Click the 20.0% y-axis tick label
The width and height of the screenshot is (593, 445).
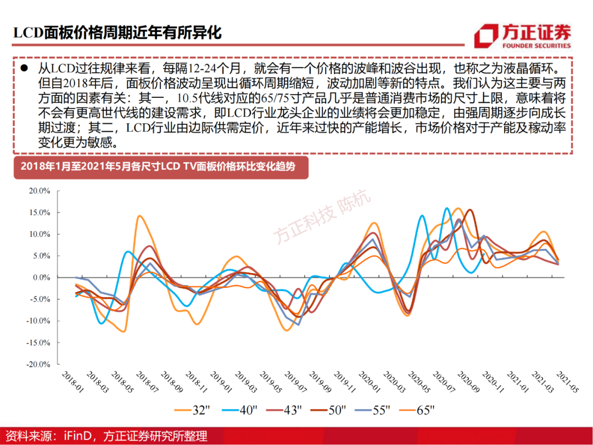click(40, 191)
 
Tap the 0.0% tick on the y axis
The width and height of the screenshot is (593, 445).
click(41, 277)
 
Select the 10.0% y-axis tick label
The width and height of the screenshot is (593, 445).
click(40, 235)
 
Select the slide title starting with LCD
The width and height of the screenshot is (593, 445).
click(118, 33)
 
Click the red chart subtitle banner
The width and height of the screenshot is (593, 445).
click(160, 168)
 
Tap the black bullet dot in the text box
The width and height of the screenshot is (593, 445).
click(24, 70)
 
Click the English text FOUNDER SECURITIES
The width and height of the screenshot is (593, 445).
click(536, 46)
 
